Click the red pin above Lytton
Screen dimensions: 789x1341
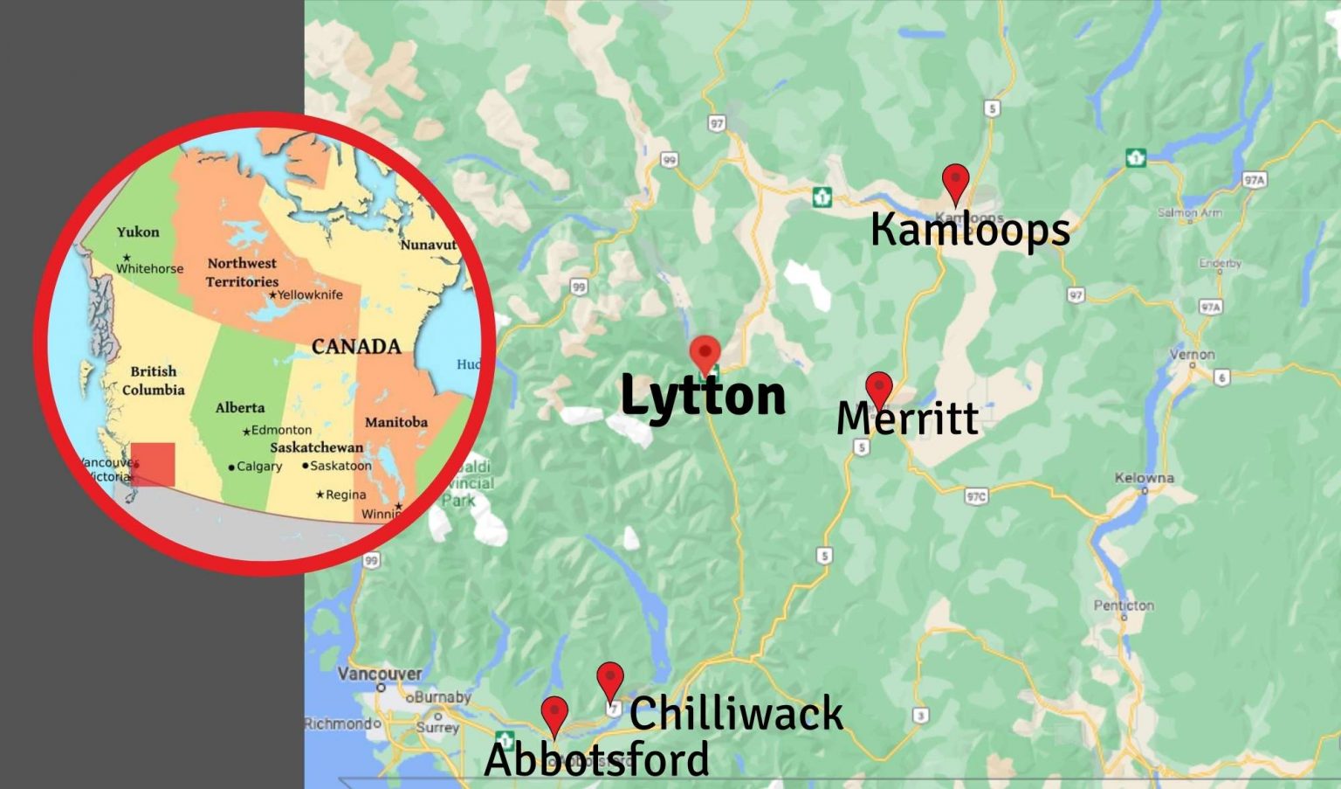pyautogui.click(x=705, y=353)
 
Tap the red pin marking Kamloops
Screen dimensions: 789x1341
pyautogui.click(x=956, y=181)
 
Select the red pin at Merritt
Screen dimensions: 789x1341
pyautogui.click(x=878, y=387)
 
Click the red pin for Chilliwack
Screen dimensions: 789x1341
pyautogui.click(x=609, y=678)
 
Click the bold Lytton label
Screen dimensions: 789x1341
pyautogui.click(x=703, y=396)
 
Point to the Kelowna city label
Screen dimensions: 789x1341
pyautogui.click(x=1144, y=478)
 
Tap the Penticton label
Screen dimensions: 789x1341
pyautogui.click(x=1124, y=606)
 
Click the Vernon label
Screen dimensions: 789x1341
pyautogui.click(x=1192, y=355)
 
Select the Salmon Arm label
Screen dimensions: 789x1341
pyautogui.click(x=1189, y=212)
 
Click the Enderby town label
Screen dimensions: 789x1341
pyautogui.click(x=1220, y=263)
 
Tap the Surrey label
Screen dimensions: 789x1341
pyautogui.click(x=437, y=727)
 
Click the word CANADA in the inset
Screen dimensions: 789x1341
pyautogui.click(x=356, y=347)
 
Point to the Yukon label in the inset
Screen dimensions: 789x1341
pyautogui.click(x=138, y=232)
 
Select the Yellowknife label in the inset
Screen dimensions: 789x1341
pyautogui.click(x=310, y=295)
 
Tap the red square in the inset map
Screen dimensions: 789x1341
pyautogui.click(x=154, y=464)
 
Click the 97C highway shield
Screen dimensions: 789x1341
pyautogui.click(x=976, y=496)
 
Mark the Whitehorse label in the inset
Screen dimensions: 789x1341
pyautogui.click(x=150, y=268)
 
